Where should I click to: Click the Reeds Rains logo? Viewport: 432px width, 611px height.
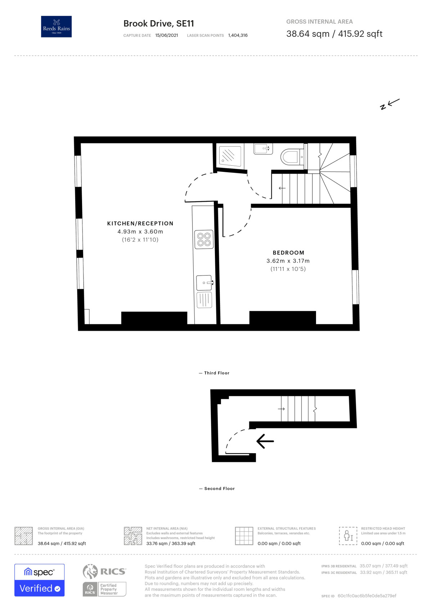click(x=56, y=27)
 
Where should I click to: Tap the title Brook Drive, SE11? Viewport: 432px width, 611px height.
click(x=158, y=24)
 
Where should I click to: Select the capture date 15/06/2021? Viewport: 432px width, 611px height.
click(x=166, y=35)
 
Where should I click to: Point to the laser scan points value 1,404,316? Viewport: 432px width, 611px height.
click(x=238, y=35)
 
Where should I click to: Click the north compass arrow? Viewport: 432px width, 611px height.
click(x=390, y=104)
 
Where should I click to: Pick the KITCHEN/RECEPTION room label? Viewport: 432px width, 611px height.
click(x=140, y=223)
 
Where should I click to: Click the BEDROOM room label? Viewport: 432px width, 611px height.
click(x=288, y=253)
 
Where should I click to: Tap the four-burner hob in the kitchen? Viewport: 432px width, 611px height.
click(x=204, y=239)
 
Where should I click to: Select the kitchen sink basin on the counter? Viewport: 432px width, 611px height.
click(x=204, y=282)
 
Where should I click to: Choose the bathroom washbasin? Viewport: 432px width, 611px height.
click(x=262, y=148)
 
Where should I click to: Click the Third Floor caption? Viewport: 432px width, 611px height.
click(x=216, y=373)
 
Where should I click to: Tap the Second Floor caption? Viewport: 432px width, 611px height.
click(x=219, y=489)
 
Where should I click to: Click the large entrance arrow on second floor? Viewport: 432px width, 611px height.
click(x=265, y=441)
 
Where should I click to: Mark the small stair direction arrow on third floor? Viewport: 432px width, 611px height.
click(x=282, y=188)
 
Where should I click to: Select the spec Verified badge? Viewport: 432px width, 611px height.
click(x=40, y=580)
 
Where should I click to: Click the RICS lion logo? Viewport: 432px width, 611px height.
click(x=90, y=571)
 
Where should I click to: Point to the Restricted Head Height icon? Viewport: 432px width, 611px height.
click(x=348, y=536)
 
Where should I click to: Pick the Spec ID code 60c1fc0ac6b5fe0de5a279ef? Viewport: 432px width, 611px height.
click(x=367, y=596)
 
